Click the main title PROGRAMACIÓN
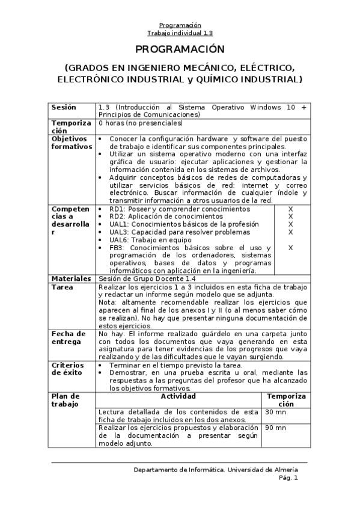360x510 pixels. (x=180, y=49)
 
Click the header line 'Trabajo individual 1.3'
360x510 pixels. (x=180, y=33)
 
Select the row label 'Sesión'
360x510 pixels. (x=64, y=108)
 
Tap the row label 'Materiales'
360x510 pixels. (x=71, y=279)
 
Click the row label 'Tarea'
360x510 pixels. (x=63, y=287)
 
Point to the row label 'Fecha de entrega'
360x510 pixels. (x=69, y=337)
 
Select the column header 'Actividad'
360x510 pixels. (x=178, y=397)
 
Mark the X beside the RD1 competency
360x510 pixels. (x=290, y=209)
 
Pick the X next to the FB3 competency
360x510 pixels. (x=290, y=247)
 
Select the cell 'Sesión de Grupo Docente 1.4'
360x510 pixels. (x=147, y=279)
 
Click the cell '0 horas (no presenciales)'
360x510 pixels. (x=140, y=123)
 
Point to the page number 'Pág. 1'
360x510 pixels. (x=288, y=478)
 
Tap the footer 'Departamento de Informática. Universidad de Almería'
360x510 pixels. (x=216, y=470)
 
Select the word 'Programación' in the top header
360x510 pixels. (x=180, y=25)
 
